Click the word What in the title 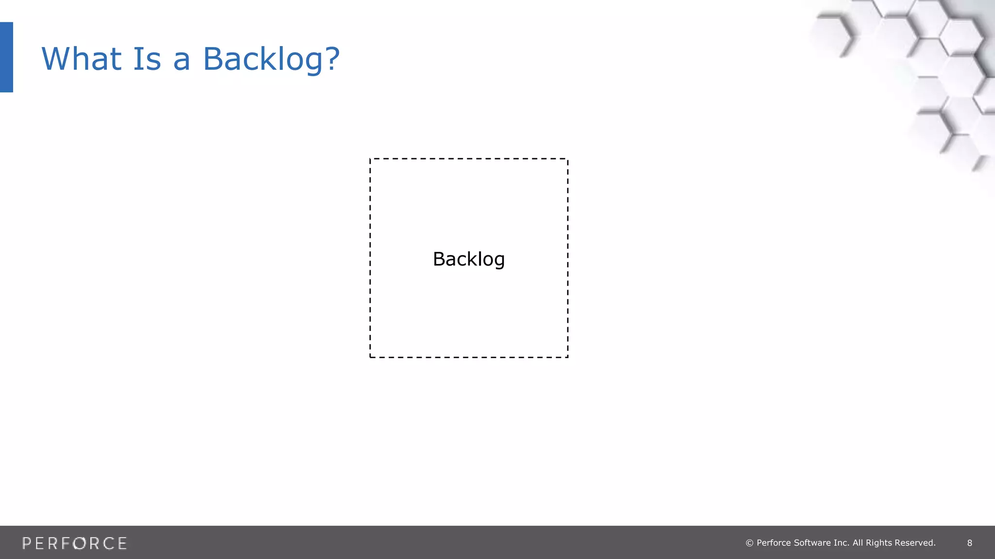pyautogui.click(x=81, y=59)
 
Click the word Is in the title pyautogui.click(x=146, y=59)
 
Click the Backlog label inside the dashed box pyautogui.click(x=469, y=259)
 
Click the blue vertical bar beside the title pyautogui.click(x=6, y=57)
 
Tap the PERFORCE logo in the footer pyautogui.click(x=74, y=543)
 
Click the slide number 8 pyautogui.click(x=970, y=543)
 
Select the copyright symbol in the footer pyautogui.click(x=749, y=543)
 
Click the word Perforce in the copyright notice pyautogui.click(x=773, y=543)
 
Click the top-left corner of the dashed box pyautogui.click(x=370, y=159)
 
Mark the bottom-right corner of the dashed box pyautogui.click(x=567, y=357)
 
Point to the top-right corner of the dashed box pyautogui.click(x=567, y=159)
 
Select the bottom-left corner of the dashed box pyautogui.click(x=370, y=357)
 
